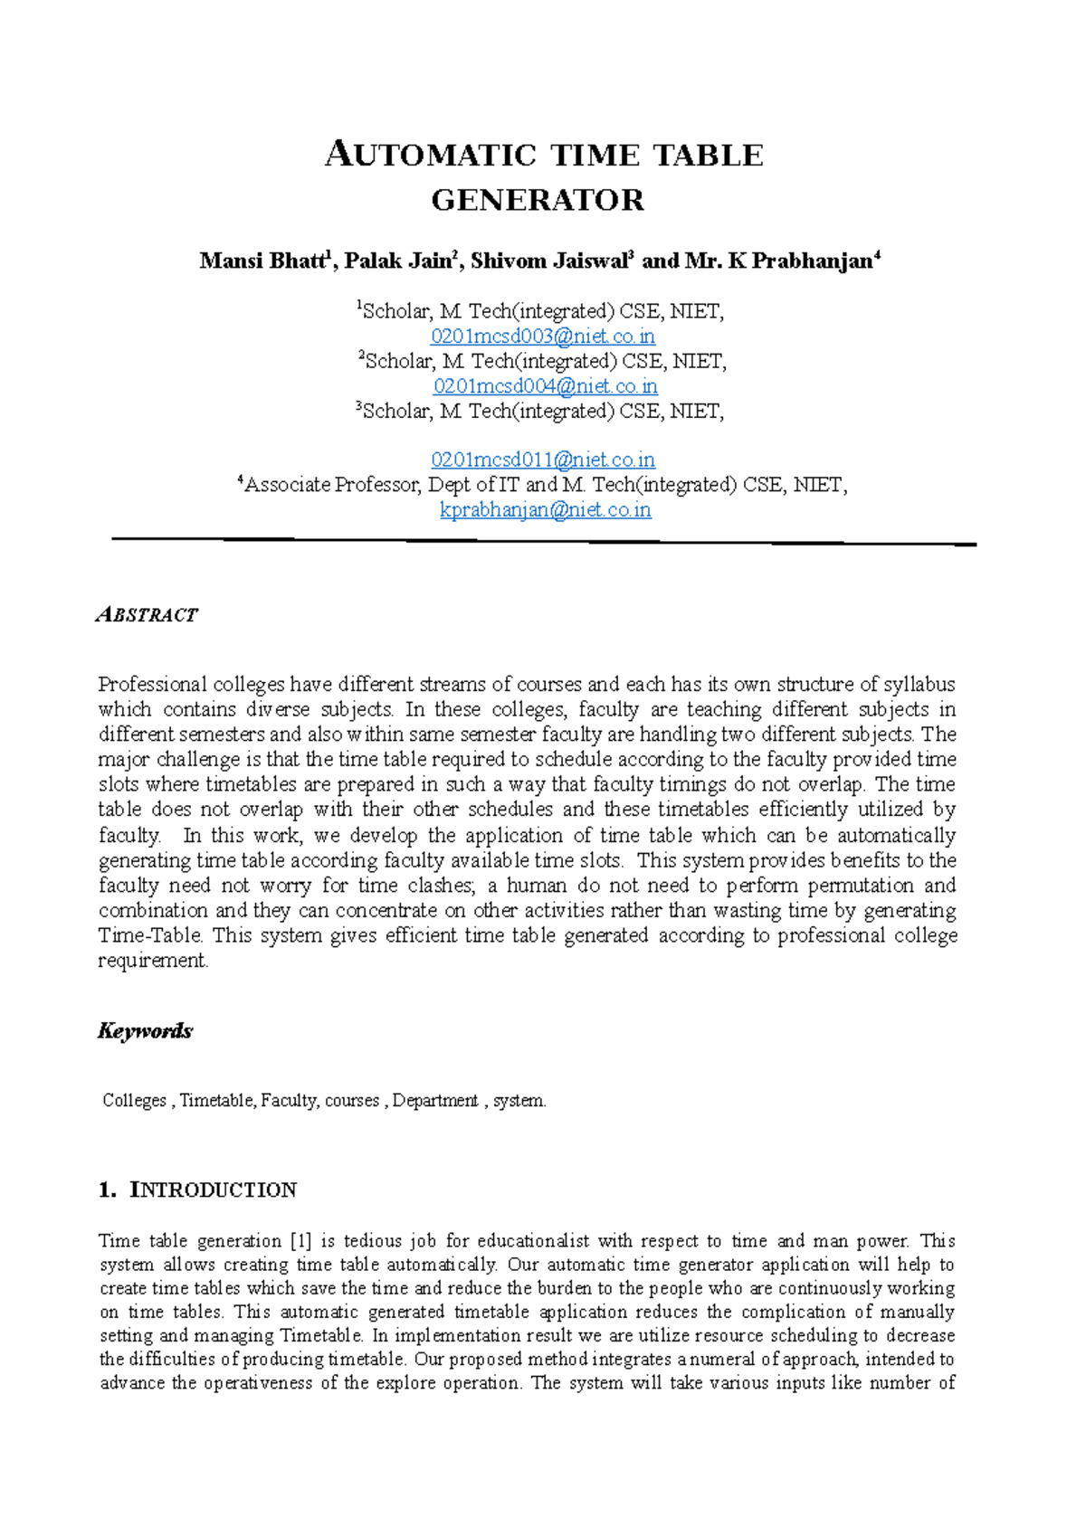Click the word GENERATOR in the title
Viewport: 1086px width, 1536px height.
[x=538, y=200]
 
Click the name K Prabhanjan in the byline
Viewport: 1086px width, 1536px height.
[x=800, y=261]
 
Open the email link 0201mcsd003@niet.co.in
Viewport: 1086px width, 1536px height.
[x=543, y=337]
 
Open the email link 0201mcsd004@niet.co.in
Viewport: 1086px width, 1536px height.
[x=545, y=386]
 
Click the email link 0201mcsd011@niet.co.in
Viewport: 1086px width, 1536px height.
[x=543, y=460]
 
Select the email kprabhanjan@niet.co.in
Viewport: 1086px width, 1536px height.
[x=545, y=510]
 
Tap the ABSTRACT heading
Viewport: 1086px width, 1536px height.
[x=147, y=615]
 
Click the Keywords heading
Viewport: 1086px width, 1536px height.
[x=145, y=1031]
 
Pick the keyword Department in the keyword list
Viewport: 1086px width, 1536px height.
[x=435, y=1101]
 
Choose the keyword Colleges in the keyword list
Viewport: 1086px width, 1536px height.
[x=135, y=1101]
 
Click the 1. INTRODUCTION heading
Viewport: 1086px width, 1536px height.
[x=197, y=1190]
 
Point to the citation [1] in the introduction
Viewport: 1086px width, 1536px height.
[x=300, y=1241]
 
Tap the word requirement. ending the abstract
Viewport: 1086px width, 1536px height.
[x=153, y=961]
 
